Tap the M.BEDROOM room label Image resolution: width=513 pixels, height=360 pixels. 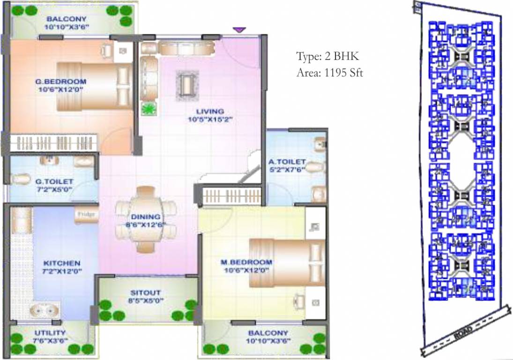click(x=246, y=262)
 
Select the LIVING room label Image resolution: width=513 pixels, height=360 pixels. click(x=209, y=111)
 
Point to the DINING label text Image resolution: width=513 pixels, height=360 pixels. click(x=146, y=217)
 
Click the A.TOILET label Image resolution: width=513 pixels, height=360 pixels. click(x=287, y=162)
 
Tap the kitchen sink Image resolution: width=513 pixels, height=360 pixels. click(x=45, y=310)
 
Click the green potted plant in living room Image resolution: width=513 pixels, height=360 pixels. click(x=149, y=109)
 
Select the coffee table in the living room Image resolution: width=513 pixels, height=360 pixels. click(x=187, y=85)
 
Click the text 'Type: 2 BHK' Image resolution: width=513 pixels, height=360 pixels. click(x=327, y=57)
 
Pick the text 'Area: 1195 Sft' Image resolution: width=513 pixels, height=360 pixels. click(x=330, y=73)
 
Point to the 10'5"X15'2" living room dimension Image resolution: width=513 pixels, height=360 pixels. click(x=209, y=119)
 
